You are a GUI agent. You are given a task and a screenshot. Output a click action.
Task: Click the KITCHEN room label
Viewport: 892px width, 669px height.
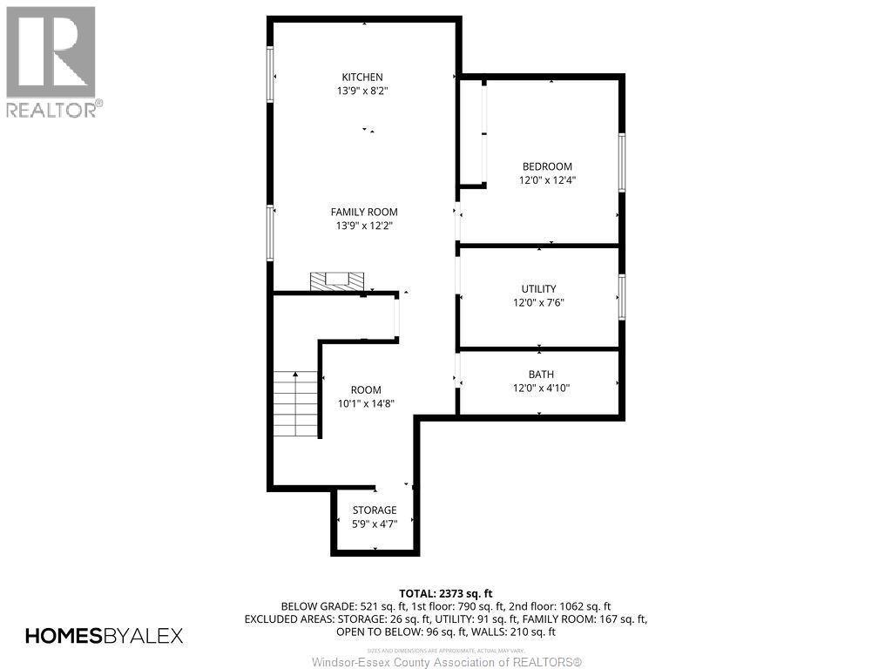[362, 78]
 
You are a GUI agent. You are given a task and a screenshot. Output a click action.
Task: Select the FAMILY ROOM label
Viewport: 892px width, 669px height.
[363, 212]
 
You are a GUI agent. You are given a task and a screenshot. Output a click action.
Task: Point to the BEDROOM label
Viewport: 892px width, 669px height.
[546, 166]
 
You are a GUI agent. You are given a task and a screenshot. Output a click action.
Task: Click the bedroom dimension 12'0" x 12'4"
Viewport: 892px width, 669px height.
[546, 180]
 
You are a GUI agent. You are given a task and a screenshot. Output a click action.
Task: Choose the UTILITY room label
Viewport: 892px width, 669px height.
[538, 288]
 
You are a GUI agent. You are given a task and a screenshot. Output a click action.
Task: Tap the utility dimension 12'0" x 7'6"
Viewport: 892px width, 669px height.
[538, 302]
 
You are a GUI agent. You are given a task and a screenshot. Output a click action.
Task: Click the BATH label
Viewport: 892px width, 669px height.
[540, 375]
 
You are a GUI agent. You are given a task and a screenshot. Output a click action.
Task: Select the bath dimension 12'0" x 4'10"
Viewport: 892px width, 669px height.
[541, 389]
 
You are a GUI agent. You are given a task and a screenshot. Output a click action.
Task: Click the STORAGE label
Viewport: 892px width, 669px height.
[375, 510]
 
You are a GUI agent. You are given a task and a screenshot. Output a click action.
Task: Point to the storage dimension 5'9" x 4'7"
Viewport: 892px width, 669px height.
[375, 524]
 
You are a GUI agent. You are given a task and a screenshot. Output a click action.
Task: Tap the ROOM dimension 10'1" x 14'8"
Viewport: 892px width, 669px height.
[366, 403]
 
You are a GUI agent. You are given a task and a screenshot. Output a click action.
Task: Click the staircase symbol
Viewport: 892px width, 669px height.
[294, 404]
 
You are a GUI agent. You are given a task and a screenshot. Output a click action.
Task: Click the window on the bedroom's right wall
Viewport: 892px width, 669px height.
[621, 162]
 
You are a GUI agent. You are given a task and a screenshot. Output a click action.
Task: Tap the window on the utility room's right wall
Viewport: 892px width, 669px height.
[621, 296]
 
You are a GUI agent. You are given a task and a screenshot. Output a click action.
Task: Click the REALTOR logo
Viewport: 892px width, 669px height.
[51, 61]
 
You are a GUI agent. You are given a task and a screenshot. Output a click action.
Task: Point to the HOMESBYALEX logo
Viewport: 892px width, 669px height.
[104, 636]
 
